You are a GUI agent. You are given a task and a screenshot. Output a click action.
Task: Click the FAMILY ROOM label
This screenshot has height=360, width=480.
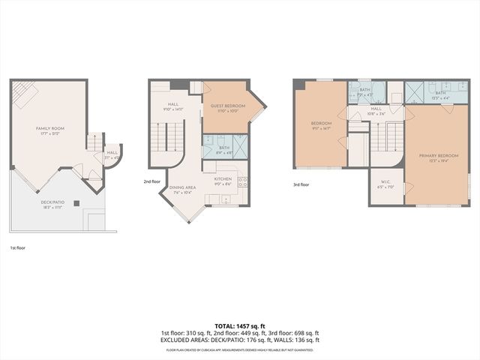pyautogui.click(x=50, y=130)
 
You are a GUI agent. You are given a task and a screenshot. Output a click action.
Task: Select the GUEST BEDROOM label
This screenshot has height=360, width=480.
pyautogui.click(x=228, y=107)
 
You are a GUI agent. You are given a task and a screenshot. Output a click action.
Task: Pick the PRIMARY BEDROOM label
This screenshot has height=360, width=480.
pyautogui.click(x=435, y=157)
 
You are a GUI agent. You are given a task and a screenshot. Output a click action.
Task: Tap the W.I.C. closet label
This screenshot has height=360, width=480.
pyautogui.click(x=385, y=186)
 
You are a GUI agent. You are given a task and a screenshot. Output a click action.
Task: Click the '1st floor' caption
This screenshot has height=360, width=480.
pyautogui.click(x=18, y=247)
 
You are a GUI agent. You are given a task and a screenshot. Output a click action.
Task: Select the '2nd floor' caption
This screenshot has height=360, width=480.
pyautogui.click(x=152, y=181)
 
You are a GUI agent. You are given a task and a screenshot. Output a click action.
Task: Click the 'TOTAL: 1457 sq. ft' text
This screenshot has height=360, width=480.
pyautogui.click(x=240, y=325)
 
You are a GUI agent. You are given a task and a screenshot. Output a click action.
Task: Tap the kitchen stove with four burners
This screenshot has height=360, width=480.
pyautogui.click(x=242, y=181)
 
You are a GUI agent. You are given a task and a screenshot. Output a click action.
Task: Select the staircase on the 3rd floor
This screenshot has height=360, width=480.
pyautogui.click(x=385, y=138)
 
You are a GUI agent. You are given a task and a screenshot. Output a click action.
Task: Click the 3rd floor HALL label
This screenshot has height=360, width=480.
pyautogui.click(x=376, y=110)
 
